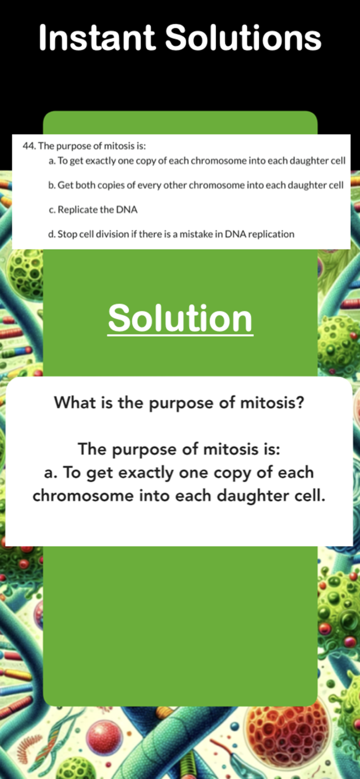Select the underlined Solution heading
[x=180, y=318]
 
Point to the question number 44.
[x=29, y=146]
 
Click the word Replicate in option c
[x=75, y=210]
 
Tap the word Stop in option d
[x=66, y=234]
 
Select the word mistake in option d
[x=196, y=234]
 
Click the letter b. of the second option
[x=52, y=185]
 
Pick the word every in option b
[x=149, y=185]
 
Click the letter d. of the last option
[x=52, y=234]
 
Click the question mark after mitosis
[x=299, y=402]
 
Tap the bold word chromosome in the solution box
[x=83, y=496]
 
